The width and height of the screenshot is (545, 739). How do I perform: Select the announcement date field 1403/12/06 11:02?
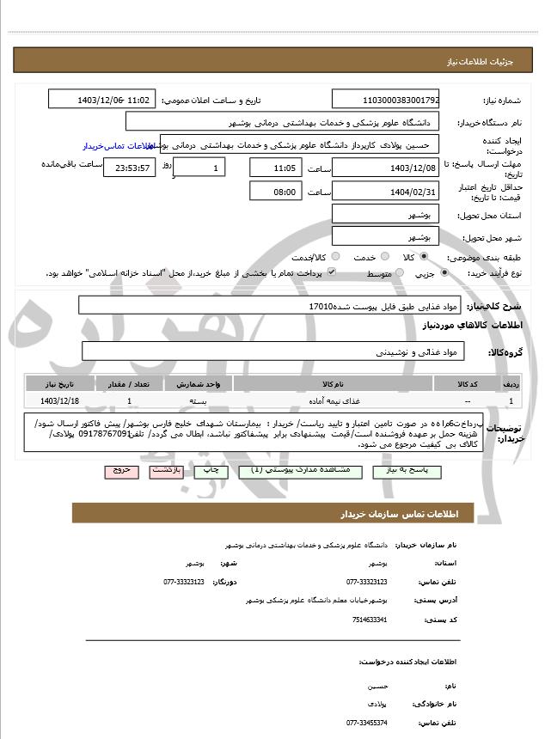[x=102, y=101]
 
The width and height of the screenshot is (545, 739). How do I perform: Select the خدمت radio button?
[x=383, y=257]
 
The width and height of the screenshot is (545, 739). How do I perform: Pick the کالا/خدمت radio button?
[x=335, y=257]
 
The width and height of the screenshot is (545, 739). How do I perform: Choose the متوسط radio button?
[x=398, y=273]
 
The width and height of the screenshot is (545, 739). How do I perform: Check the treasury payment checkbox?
[x=331, y=273]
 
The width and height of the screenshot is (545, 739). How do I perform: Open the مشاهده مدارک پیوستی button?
[x=281, y=472]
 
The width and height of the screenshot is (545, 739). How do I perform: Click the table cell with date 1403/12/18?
[x=60, y=400]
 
